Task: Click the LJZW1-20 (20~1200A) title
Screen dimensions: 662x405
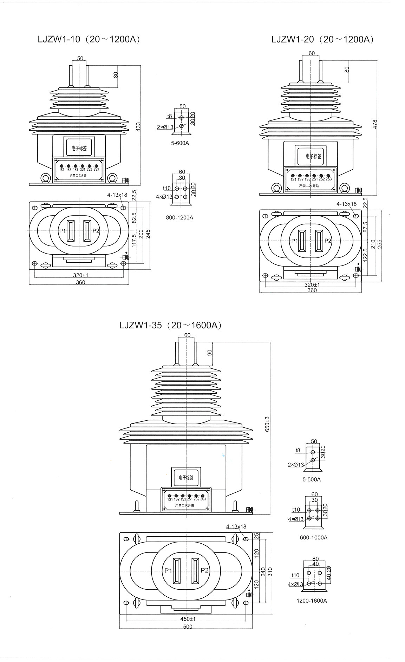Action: (322, 39)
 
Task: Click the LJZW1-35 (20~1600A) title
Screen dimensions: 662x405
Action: (170, 325)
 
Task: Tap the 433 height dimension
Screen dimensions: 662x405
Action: (138, 126)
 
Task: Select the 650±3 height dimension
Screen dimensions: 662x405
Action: (267, 424)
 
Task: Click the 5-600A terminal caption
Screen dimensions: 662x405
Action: (180, 143)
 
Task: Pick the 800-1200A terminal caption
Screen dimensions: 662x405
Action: (179, 217)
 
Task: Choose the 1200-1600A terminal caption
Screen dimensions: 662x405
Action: (312, 601)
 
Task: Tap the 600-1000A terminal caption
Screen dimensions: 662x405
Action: (314, 537)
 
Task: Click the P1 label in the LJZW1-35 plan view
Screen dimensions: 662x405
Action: (168, 571)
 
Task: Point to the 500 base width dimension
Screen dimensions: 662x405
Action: (188, 627)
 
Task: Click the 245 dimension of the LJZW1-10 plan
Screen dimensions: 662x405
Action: (148, 234)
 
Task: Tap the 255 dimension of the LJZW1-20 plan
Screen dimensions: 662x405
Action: (380, 243)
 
